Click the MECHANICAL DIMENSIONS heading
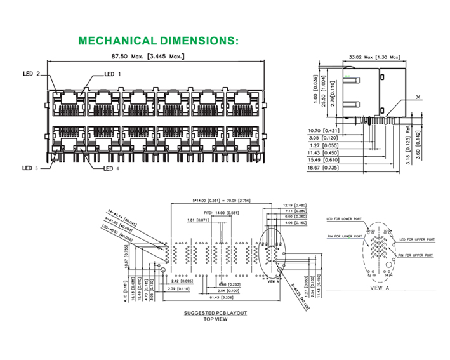click(158, 41)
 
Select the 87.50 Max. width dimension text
click(148, 57)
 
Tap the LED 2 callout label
click(30, 74)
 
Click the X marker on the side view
click(418, 97)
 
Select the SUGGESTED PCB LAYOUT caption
click(215, 313)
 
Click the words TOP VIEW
click(215, 319)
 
